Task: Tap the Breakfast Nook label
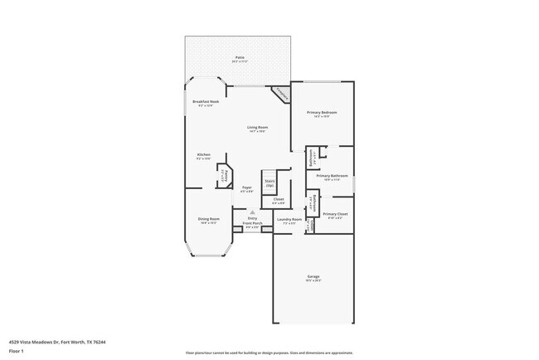click(x=204, y=102)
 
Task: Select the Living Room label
click(x=256, y=129)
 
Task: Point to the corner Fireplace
click(x=281, y=94)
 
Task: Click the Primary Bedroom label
click(x=322, y=114)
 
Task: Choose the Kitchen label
click(x=203, y=156)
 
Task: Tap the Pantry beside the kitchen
click(x=222, y=176)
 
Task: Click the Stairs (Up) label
click(x=269, y=182)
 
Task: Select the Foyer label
click(x=247, y=189)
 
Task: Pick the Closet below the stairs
click(x=279, y=200)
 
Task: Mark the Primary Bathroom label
click(x=332, y=177)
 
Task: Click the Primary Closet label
click(x=335, y=216)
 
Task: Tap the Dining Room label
click(x=207, y=221)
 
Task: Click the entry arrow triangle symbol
click(x=240, y=212)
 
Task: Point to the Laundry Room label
click(x=290, y=221)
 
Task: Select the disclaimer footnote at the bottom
click(x=269, y=352)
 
